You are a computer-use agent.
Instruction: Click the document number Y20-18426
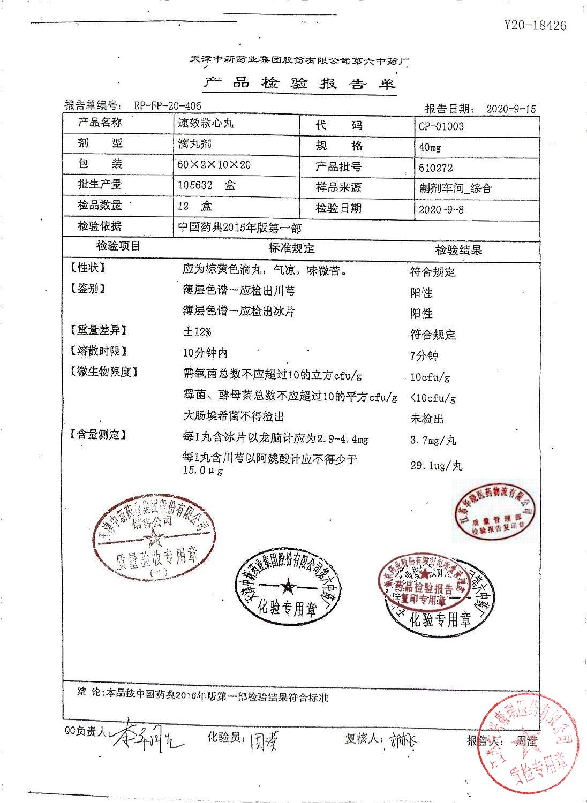(535, 25)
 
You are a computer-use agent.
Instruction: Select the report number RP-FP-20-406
(168, 106)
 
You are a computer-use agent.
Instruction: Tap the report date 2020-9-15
(510, 108)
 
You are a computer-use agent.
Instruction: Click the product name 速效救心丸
(206, 123)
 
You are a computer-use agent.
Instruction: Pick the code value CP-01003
(441, 126)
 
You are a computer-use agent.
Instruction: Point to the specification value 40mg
(430, 147)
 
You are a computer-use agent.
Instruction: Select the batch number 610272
(435, 168)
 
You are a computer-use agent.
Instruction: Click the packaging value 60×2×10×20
(214, 164)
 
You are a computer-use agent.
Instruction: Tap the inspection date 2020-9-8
(441, 209)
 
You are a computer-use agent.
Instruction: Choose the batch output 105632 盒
(206, 185)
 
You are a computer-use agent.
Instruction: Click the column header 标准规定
(291, 248)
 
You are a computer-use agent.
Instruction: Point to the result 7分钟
(424, 355)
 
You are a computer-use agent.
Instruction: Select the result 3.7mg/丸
(433, 441)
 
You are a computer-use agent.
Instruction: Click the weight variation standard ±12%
(197, 331)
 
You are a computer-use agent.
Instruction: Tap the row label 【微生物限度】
(103, 372)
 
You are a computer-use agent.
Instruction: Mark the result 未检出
(427, 419)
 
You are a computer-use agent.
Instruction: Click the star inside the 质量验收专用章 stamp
(155, 537)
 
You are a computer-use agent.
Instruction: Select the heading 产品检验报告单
(300, 83)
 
